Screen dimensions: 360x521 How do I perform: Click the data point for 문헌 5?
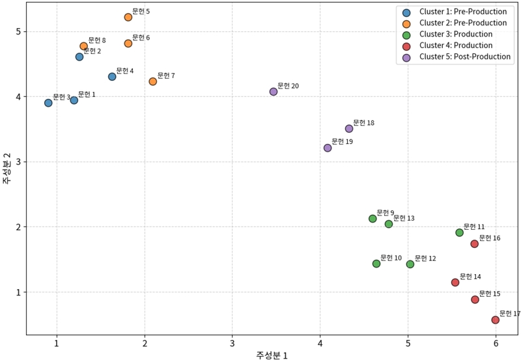128,17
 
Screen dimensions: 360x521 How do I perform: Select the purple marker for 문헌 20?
274,92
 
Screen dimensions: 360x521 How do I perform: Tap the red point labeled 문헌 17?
496,320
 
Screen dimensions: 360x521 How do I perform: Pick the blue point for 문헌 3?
48,103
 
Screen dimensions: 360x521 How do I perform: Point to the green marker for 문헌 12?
410,264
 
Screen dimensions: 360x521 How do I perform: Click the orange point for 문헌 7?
153,81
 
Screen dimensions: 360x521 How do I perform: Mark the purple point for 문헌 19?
328,148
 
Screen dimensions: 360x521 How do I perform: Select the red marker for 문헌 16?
475,244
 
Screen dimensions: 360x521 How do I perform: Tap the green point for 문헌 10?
376,264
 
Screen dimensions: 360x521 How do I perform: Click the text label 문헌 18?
363,122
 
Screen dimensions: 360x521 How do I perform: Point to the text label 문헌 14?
470,276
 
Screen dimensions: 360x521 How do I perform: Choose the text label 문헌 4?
125,70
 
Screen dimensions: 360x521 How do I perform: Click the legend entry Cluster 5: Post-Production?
464,57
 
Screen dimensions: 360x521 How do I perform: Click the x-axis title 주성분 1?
272,355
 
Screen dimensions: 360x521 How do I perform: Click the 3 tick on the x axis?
232,343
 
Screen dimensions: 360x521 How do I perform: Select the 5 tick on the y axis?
20,32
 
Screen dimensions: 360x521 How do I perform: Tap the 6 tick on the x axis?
496,343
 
